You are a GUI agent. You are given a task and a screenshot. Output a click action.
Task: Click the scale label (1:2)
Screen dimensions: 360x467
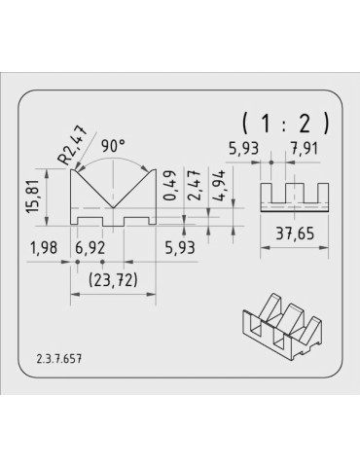(x=285, y=124)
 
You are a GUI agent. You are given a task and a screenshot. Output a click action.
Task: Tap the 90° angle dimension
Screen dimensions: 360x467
(x=113, y=146)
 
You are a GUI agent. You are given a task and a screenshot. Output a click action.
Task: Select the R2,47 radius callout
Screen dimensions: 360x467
(x=73, y=144)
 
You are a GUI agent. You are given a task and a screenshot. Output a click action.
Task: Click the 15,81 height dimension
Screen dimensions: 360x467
(x=33, y=197)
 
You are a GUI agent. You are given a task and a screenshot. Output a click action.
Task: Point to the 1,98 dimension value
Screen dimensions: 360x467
(x=44, y=248)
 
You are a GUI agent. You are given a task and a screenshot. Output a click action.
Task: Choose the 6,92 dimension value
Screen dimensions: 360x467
(x=90, y=248)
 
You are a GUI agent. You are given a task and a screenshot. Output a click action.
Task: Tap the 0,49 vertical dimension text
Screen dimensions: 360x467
(x=171, y=186)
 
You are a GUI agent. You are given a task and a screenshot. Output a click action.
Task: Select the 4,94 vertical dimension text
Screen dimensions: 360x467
(x=220, y=186)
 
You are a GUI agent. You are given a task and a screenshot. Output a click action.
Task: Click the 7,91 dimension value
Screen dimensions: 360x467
(x=305, y=149)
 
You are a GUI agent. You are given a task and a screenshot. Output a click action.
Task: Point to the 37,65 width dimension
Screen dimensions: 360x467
(x=295, y=233)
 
